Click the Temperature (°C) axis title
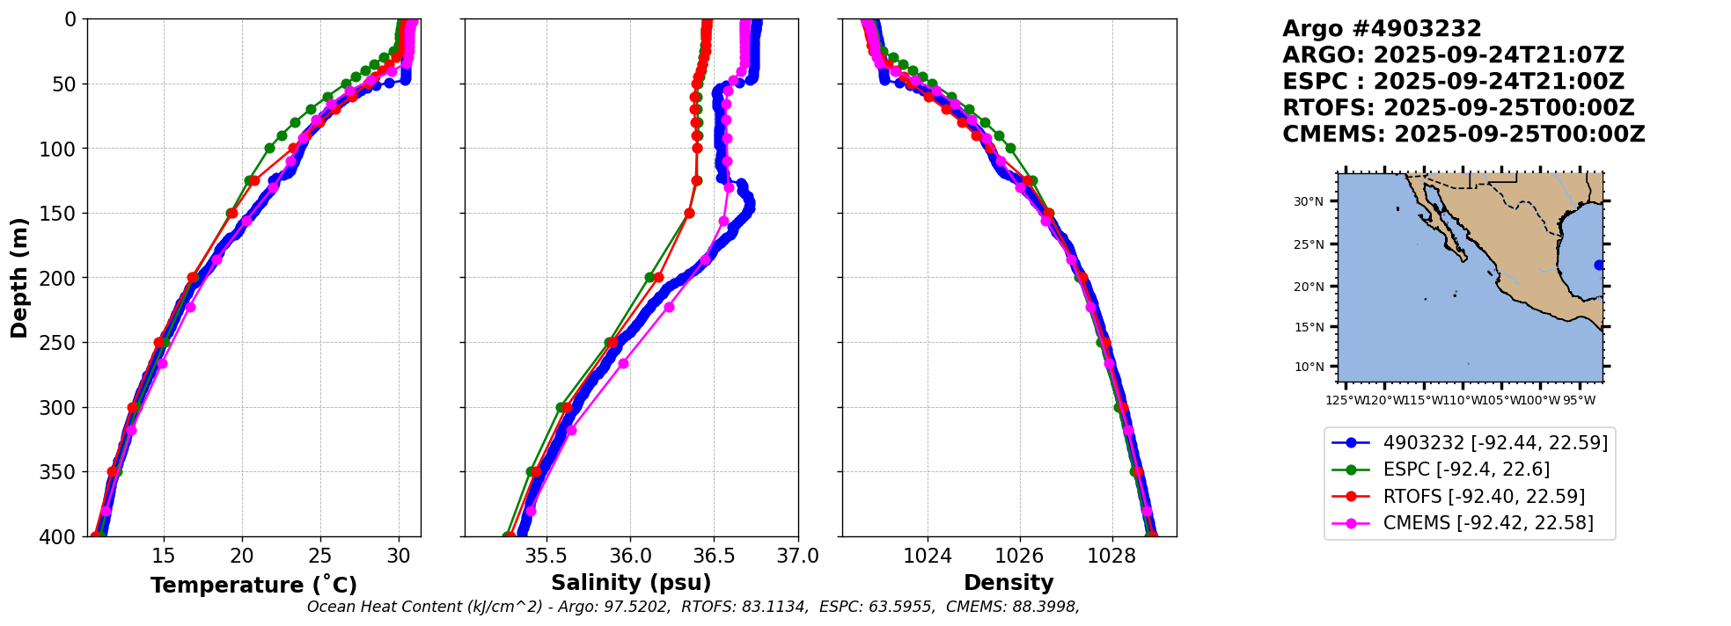[x=253, y=585]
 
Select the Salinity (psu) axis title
[x=631, y=583]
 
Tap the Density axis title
[x=1009, y=583]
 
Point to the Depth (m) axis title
[x=18, y=277]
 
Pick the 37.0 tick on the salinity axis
[x=797, y=557]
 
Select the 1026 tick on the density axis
[x=1020, y=557]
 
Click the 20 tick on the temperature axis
[x=242, y=557]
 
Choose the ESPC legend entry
[x=1466, y=469]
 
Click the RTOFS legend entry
[x=1484, y=497]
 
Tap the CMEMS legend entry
[x=1487, y=523]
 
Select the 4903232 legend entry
[x=1495, y=442]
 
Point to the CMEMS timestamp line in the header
[x=1463, y=135]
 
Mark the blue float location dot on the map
[x=1599, y=265]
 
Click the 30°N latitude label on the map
[x=1308, y=201]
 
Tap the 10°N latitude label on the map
[x=1308, y=367]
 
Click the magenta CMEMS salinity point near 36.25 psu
[x=669, y=307]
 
